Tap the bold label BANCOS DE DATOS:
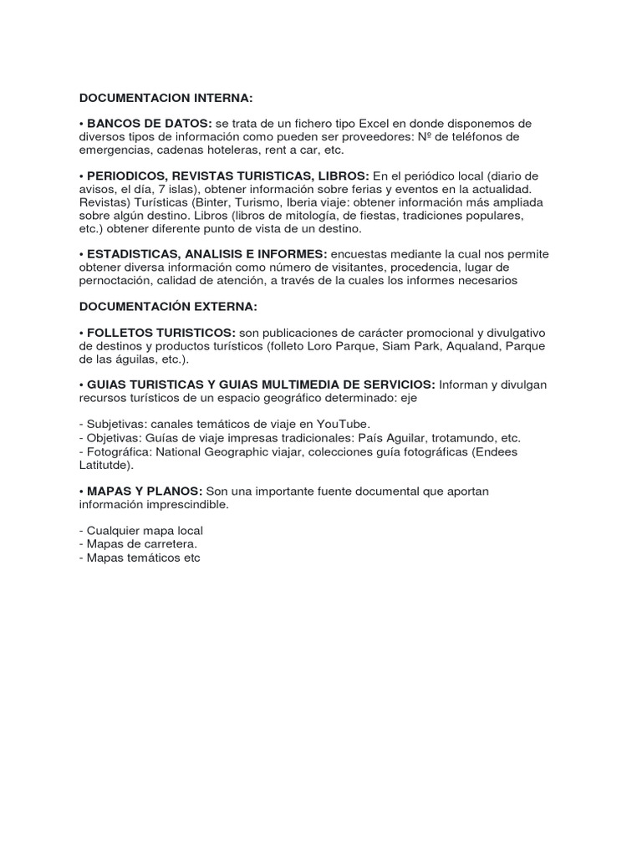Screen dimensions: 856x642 (x=143, y=124)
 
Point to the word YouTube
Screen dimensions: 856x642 (x=347, y=424)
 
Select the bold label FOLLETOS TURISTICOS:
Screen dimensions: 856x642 (x=158, y=333)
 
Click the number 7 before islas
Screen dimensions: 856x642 (x=161, y=189)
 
